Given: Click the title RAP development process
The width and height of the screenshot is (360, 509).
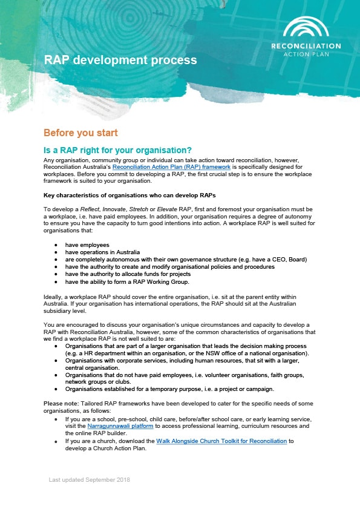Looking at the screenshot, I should pos(120,60).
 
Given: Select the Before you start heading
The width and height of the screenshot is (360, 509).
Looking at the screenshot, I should pos(80,133).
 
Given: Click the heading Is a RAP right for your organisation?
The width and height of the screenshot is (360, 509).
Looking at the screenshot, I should pos(126,150).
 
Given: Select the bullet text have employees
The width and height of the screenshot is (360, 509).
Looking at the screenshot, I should pos(85,245).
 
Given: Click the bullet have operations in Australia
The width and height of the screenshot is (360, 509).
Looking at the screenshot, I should pos(103,252).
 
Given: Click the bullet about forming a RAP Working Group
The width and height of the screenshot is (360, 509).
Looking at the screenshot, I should pos(127,281).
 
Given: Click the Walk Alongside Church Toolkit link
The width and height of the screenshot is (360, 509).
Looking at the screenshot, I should pos(221,441).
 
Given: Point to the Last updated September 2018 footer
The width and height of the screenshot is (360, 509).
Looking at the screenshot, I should pos(89,480).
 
